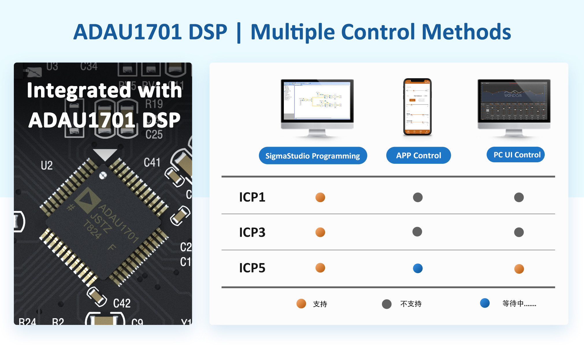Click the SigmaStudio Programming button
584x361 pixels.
313,156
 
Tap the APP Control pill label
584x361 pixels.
418,155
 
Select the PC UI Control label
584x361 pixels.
517,155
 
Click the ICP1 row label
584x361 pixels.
252,197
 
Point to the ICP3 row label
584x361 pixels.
252,232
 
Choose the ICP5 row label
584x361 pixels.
252,268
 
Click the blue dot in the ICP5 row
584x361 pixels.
418,268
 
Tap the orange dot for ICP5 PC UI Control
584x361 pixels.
519,269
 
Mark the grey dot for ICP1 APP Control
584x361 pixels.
418,197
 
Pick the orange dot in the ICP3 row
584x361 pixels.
320,232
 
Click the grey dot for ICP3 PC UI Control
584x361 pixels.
519,232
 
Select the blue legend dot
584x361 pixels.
485,303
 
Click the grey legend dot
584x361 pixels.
386,304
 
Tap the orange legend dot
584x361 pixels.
301,304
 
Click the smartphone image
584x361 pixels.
417,107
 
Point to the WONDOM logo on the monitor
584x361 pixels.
513,95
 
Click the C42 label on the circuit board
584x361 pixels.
122,303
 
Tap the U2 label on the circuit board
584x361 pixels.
47,165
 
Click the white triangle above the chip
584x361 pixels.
105,154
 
